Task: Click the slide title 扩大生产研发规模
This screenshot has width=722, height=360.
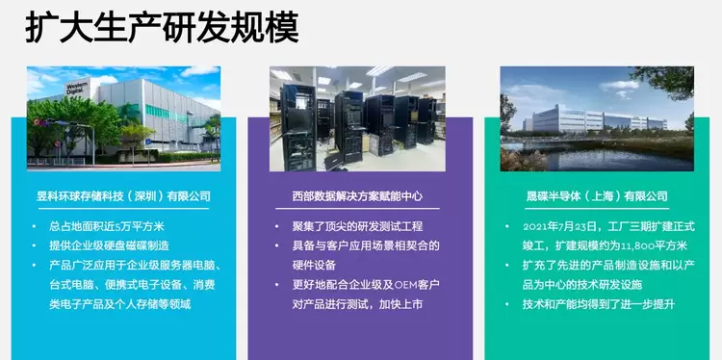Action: tap(162, 28)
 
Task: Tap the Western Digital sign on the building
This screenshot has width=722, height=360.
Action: tap(77, 88)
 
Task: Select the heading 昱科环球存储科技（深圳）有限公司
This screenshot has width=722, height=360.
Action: tap(123, 196)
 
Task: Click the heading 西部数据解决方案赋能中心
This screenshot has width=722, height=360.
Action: tap(357, 196)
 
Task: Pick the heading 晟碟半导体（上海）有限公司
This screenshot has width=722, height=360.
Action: tap(597, 196)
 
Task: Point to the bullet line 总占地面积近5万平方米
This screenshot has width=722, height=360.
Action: tap(107, 226)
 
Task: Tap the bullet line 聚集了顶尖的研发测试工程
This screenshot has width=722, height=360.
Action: tap(357, 226)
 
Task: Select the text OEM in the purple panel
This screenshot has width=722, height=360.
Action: tap(404, 285)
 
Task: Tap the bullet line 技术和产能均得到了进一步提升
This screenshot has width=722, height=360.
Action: tap(599, 304)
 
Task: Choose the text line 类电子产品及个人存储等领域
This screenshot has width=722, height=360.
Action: tap(119, 304)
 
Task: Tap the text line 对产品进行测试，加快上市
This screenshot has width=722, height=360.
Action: tap(357, 304)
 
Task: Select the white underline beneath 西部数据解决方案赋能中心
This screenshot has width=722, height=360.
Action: tap(357, 209)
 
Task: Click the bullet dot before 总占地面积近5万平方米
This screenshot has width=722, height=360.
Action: tap(34, 227)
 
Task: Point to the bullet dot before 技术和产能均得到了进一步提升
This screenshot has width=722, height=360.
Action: tap(507, 305)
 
